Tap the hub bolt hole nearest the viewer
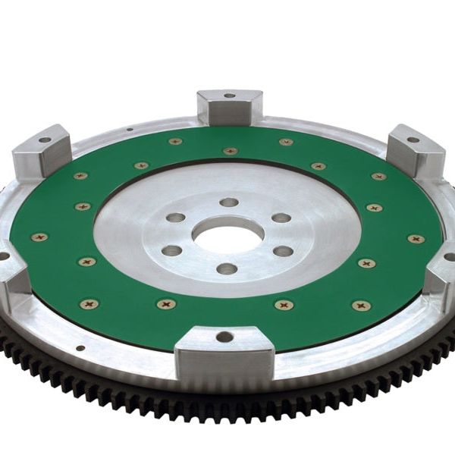(226, 268)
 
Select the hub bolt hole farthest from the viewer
(228, 202)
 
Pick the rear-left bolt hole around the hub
(175, 217)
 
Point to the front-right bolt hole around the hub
(283, 251)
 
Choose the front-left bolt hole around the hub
(172, 250)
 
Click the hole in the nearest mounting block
(224, 337)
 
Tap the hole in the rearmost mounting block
(230, 96)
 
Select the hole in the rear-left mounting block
(45, 140)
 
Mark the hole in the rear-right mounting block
(413, 140)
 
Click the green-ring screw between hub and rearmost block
(230, 151)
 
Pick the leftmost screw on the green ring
(39, 237)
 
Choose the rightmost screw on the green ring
(416, 239)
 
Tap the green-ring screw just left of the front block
(167, 303)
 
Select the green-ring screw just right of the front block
(285, 305)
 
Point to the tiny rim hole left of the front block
(80, 348)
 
